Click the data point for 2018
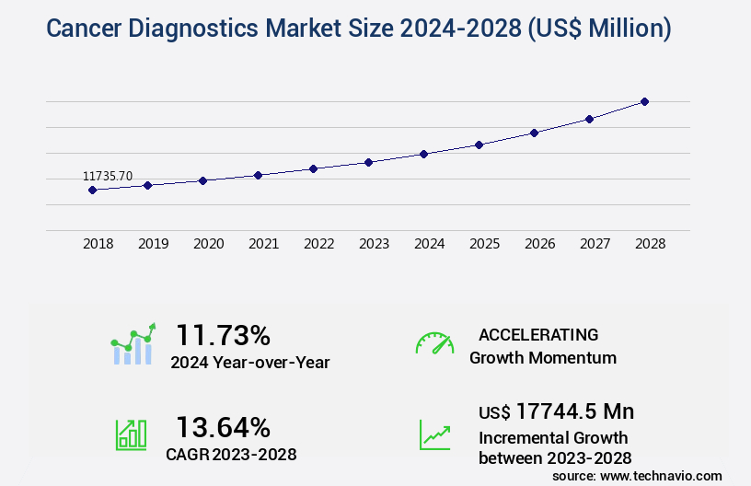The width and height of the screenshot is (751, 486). pyautogui.click(x=92, y=190)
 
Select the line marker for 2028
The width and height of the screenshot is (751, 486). pyautogui.click(x=644, y=101)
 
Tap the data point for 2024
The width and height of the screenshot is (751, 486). pyautogui.click(x=423, y=154)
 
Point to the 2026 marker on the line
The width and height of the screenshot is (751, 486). pyautogui.click(x=534, y=133)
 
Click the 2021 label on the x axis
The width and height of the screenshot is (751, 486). pyautogui.click(x=264, y=244)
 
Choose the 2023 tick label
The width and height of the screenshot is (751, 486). pyautogui.click(x=375, y=244)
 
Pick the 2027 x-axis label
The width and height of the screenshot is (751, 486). pyautogui.click(x=595, y=244)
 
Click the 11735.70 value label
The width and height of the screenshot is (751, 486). pyautogui.click(x=108, y=176)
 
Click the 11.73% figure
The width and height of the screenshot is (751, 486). pyautogui.click(x=223, y=334)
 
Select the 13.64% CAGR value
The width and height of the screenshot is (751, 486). pyautogui.click(x=223, y=427)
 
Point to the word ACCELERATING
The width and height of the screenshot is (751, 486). pyautogui.click(x=538, y=334)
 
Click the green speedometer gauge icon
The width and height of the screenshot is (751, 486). pyautogui.click(x=434, y=343)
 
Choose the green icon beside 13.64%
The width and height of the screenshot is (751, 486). pyautogui.click(x=131, y=434)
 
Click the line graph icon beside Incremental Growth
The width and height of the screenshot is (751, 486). pyautogui.click(x=434, y=434)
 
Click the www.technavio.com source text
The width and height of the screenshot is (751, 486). pyautogui.click(x=659, y=476)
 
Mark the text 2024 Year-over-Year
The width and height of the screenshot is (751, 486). pyautogui.click(x=249, y=363)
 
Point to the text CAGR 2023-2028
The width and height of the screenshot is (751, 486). pyautogui.click(x=231, y=454)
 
